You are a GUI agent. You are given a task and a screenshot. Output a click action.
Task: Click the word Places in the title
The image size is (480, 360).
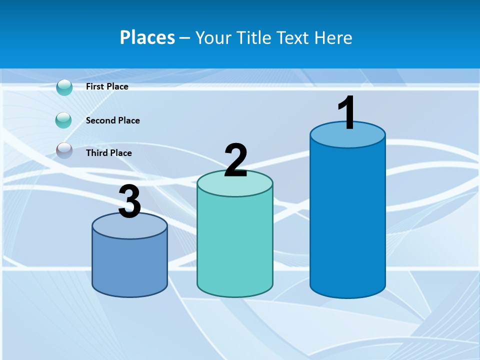(147, 37)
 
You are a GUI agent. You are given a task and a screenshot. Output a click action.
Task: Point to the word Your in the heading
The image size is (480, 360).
(213, 37)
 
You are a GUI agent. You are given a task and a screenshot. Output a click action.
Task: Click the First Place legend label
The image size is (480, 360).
(107, 86)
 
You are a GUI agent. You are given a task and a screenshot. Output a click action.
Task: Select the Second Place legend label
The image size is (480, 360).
(112, 120)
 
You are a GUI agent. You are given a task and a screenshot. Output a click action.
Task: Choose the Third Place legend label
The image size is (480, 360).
(108, 153)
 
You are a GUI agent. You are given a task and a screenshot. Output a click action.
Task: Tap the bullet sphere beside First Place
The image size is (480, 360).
(64, 87)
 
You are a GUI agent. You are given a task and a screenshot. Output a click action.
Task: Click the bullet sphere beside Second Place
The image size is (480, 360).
(63, 120)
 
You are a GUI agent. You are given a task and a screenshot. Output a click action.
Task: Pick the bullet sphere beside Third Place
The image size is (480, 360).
(64, 150)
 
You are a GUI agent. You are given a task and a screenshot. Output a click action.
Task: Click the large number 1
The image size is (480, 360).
(347, 113)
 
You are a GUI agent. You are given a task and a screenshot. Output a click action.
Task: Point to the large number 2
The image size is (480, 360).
(235, 160)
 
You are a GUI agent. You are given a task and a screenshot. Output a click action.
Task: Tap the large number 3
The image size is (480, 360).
(129, 202)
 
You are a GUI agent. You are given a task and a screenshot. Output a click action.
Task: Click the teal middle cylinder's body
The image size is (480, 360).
(235, 245)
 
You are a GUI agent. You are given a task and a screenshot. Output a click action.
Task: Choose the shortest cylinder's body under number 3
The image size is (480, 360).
(129, 265)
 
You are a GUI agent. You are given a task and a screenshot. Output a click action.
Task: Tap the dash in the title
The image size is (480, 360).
(184, 38)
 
